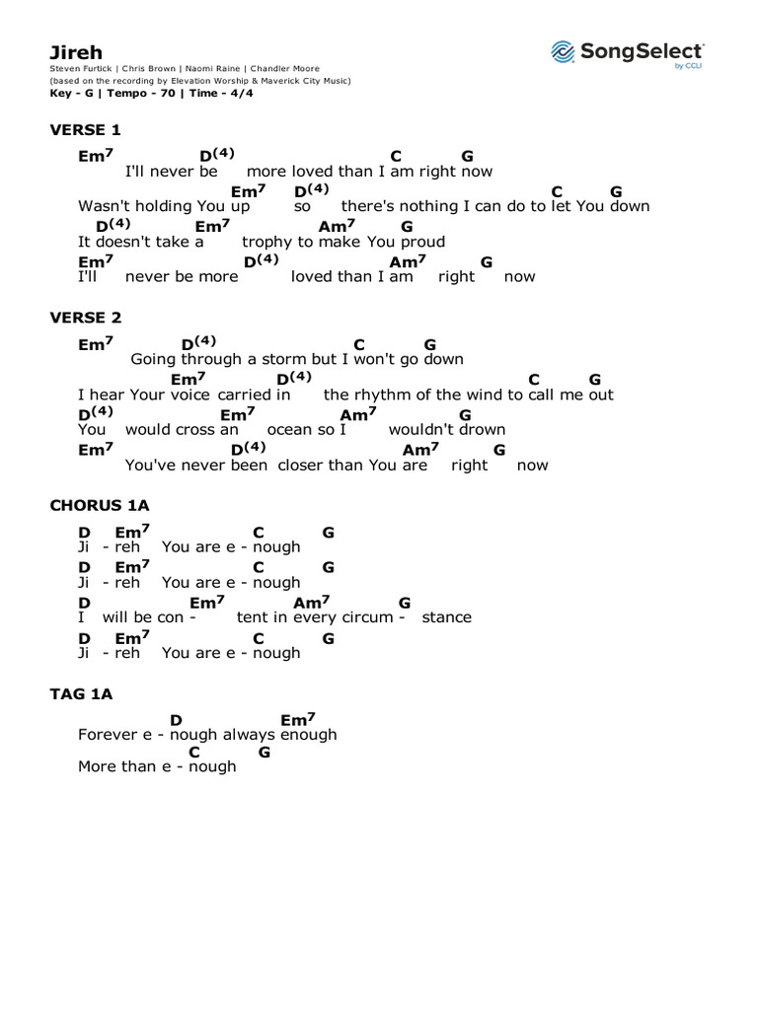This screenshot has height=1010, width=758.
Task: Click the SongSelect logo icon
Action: coord(563,51)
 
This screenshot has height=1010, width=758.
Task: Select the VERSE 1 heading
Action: coord(85,129)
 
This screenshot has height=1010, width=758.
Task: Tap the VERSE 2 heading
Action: coord(85,318)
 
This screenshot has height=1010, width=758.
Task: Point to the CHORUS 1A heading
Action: coord(100,505)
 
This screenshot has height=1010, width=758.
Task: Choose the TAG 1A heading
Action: coord(81,693)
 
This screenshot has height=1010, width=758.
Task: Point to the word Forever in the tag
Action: coord(108,734)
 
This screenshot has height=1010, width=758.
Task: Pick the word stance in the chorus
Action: coord(446,617)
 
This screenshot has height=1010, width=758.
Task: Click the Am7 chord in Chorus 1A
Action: coord(312,603)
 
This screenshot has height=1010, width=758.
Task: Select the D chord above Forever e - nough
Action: coord(177,721)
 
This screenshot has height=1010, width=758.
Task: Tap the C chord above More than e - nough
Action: coord(194,753)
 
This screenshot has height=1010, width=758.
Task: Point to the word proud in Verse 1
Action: coord(421,242)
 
